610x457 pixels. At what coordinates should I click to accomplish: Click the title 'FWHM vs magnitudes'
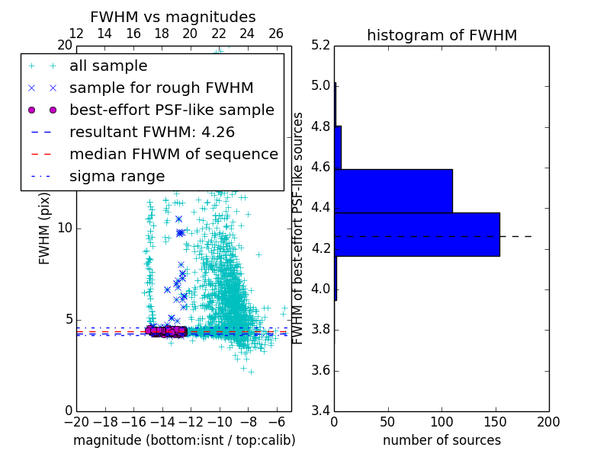click(x=173, y=17)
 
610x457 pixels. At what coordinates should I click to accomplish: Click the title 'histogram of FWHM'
click(x=441, y=35)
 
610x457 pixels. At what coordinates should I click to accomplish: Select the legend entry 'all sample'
click(x=108, y=66)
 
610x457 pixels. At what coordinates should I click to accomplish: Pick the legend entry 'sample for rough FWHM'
click(x=161, y=88)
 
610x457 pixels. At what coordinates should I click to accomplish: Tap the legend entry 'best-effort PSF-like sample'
click(x=172, y=110)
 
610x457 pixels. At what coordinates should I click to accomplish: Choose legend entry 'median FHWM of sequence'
click(x=173, y=154)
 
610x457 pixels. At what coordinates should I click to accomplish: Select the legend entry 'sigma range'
click(x=117, y=176)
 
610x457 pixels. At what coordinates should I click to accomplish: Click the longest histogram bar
click(x=417, y=234)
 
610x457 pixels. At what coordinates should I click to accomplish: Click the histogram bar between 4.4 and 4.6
click(x=393, y=190)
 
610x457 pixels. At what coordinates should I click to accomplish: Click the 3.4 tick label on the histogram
click(x=321, y=411)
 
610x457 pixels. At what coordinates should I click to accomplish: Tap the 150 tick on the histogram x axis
click(x=495, y=422)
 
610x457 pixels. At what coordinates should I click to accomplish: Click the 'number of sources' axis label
click(x=441, y=440)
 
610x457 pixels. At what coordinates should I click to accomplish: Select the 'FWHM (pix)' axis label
click(x=45, y=228)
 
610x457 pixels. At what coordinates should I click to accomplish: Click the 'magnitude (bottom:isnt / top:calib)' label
click(x=184, y=440)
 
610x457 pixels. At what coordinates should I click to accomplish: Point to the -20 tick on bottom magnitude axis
click(x=76, y=422)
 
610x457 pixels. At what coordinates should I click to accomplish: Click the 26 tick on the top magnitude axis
click(x=276, y=34)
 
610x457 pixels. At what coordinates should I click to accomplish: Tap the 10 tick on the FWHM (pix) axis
click(x=65, y=228)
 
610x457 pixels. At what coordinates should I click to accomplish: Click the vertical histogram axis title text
click(x=298, y=228)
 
